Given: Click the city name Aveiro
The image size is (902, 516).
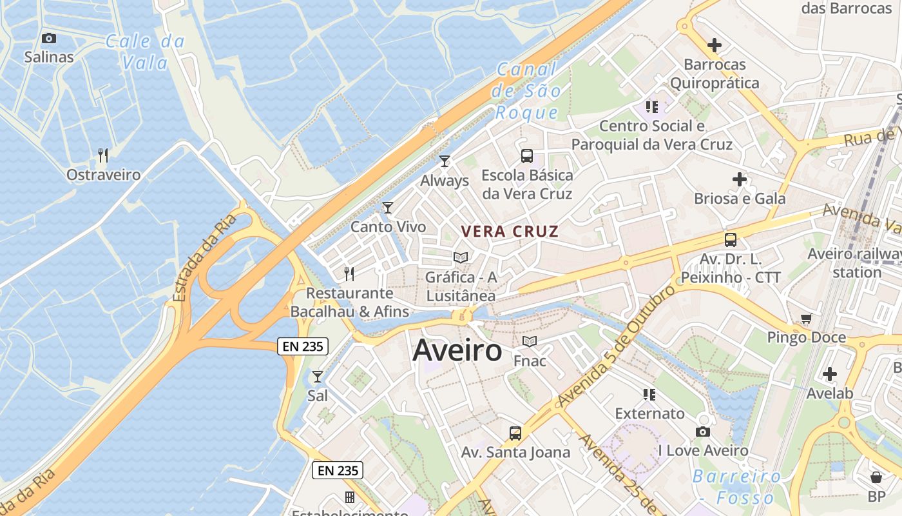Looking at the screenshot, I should point(457,351).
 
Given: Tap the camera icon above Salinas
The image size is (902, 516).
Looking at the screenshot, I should point(49,39).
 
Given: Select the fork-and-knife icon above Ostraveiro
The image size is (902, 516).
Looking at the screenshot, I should point(103,155).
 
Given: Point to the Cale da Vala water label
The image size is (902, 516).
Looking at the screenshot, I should point(146,52).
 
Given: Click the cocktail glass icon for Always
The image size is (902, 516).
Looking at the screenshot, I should point(445,161).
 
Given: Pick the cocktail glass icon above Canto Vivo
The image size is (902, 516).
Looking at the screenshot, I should point(388,207).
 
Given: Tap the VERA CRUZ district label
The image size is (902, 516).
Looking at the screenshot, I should point(510,232).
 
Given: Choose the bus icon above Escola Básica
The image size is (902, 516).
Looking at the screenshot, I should point(527,155).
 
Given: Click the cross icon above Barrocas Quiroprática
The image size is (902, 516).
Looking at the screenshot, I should point(715,45).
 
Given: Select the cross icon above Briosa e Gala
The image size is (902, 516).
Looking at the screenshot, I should point(740,179).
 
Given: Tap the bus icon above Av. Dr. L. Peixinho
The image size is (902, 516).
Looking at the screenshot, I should point(731,240).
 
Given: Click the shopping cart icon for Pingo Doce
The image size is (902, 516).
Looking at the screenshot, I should point(806,317).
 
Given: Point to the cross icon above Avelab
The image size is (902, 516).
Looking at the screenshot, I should point(830,373).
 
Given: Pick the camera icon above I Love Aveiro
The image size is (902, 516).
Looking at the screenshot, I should point(703,432).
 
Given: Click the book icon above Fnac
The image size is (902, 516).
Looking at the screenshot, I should point(530,341).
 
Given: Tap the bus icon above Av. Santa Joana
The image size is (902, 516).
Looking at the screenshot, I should point(515,433).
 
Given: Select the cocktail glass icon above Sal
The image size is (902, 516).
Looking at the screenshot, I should point(317,376).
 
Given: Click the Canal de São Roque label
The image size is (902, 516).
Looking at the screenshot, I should point(528,91).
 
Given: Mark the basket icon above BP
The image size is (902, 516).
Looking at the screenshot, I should point(876,477).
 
